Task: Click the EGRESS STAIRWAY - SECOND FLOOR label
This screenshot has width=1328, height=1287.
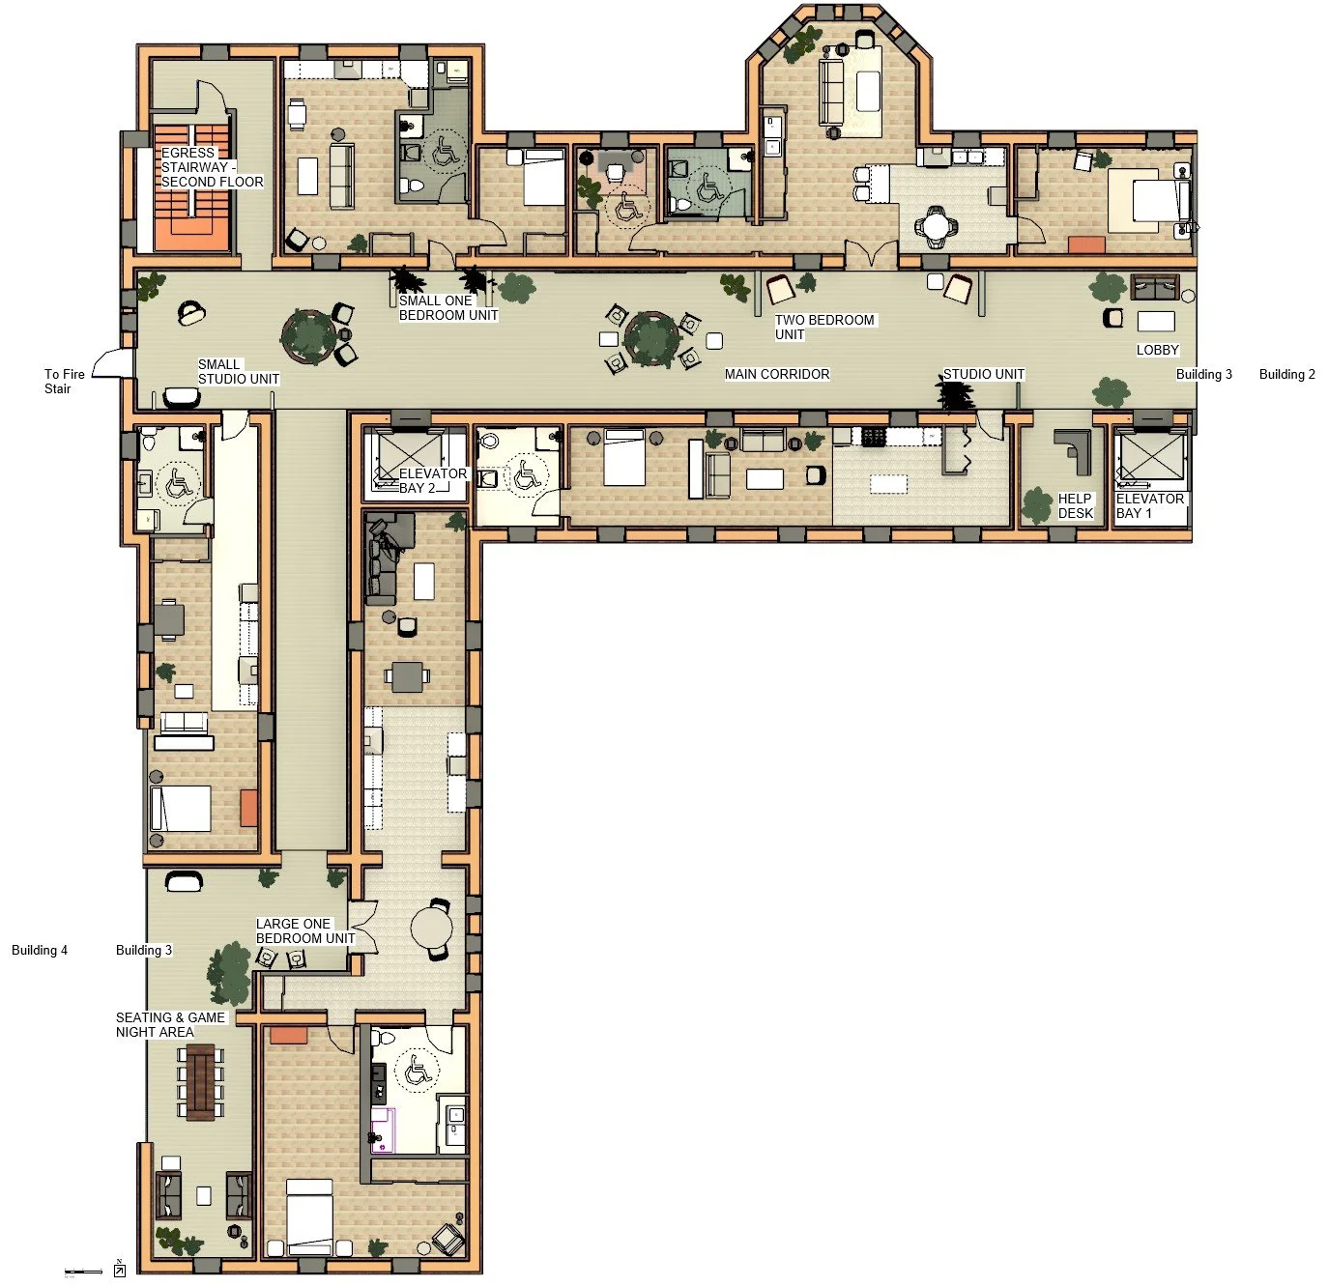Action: [x=211, y=167]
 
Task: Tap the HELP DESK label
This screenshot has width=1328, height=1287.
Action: [x=1075, y=505]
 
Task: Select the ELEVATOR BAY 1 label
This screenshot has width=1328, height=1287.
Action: [x=1149, y=505]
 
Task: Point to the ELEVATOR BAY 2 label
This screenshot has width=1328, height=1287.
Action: [x=432, y=480]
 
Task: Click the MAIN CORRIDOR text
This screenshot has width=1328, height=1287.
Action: [x=777, y=374]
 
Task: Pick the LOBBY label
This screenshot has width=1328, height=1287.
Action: [x=1157, y=350]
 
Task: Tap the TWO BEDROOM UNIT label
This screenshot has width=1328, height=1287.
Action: [x=823, y=327]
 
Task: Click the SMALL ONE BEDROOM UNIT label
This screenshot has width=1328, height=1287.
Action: [x=448, y=307]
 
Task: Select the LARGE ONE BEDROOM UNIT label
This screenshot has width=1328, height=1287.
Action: [x=304, y=930]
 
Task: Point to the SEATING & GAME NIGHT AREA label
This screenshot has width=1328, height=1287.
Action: [x=170, y=1024]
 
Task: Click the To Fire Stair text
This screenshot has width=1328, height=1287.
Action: [x=64, y=381]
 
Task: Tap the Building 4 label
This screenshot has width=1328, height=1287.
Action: [x=40, y=950]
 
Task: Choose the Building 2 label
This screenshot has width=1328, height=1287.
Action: [x=1286, y=374]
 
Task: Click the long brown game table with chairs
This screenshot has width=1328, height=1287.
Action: [x=202, y=1081]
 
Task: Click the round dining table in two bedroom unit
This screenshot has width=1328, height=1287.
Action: [x=935, y=226]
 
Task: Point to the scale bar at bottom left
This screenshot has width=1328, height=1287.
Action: [x=83, y=1272]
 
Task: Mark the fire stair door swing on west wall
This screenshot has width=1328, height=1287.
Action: [x=111, y=362]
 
